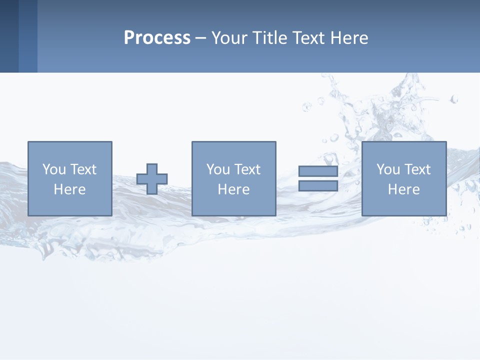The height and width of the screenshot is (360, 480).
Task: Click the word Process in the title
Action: pyautogui.click(x=157, y=38)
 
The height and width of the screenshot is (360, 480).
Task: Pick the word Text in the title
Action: pyautogui.click(x=308, y=38)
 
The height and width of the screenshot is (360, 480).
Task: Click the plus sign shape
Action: pyautogui.click(x=152, y=179)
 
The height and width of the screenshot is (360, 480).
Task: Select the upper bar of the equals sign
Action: pyautogui.click(x=318, y=171)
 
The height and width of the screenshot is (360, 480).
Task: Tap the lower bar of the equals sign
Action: pyautogui.click(x=318, y=186)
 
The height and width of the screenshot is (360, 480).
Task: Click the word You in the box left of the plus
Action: pyautogui.click(x=54, y=169)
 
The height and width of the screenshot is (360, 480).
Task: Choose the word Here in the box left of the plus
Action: pyautogui.click(x=69, y=189)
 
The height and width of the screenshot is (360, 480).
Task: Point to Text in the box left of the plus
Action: pyautogui.click(x=83, y=169)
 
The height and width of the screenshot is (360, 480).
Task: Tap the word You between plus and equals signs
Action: pyautogui.click(x=218, y=169)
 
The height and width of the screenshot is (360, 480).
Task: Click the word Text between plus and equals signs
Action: pyautogui.click(x=247, y=169)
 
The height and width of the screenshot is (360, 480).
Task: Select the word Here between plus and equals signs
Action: pyautogui.click(x=233, y=189)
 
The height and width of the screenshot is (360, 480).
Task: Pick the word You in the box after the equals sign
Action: pyautogui.click(x=388, y=169)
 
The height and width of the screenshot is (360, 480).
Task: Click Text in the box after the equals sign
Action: pyautogui.click(x=417, y=169)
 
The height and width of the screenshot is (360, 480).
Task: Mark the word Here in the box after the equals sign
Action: pyautogui.click(x=403, y=189)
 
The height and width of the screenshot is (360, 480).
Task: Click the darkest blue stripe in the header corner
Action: pyautogui.click(x=9, y=36)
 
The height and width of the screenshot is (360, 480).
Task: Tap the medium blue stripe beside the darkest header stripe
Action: pyautogui.click(x=28, y=36)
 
